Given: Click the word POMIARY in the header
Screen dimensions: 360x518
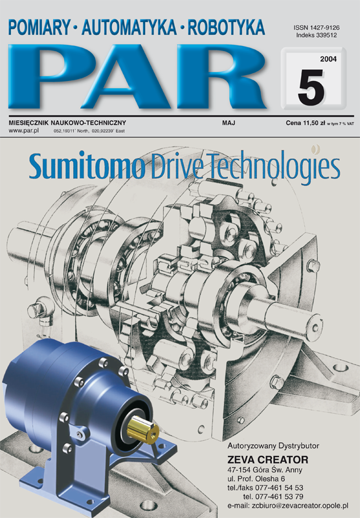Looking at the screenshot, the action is pyautogui.click(x=39, y=27).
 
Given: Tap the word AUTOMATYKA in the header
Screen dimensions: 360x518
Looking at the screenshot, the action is pyautogui.click(x=129, y=27).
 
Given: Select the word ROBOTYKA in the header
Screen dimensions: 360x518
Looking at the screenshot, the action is pyautogui.click(x=226, y=27).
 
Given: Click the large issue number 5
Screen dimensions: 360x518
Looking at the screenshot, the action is pyautogui.click(x=311, y=87).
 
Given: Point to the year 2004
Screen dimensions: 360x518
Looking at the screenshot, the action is pyautogui.click(x=328, y=59).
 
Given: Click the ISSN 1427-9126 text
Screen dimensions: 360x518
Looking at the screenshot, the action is pyautogui.click(x=317, y=28).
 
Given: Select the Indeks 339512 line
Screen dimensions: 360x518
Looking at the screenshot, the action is pyautogui.click(x=317, y=36).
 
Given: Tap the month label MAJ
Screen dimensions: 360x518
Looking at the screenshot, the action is pyautogui.click(x=229, y=123).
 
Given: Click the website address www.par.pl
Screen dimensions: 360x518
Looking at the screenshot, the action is pyautogui.click(x=23, y=131).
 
